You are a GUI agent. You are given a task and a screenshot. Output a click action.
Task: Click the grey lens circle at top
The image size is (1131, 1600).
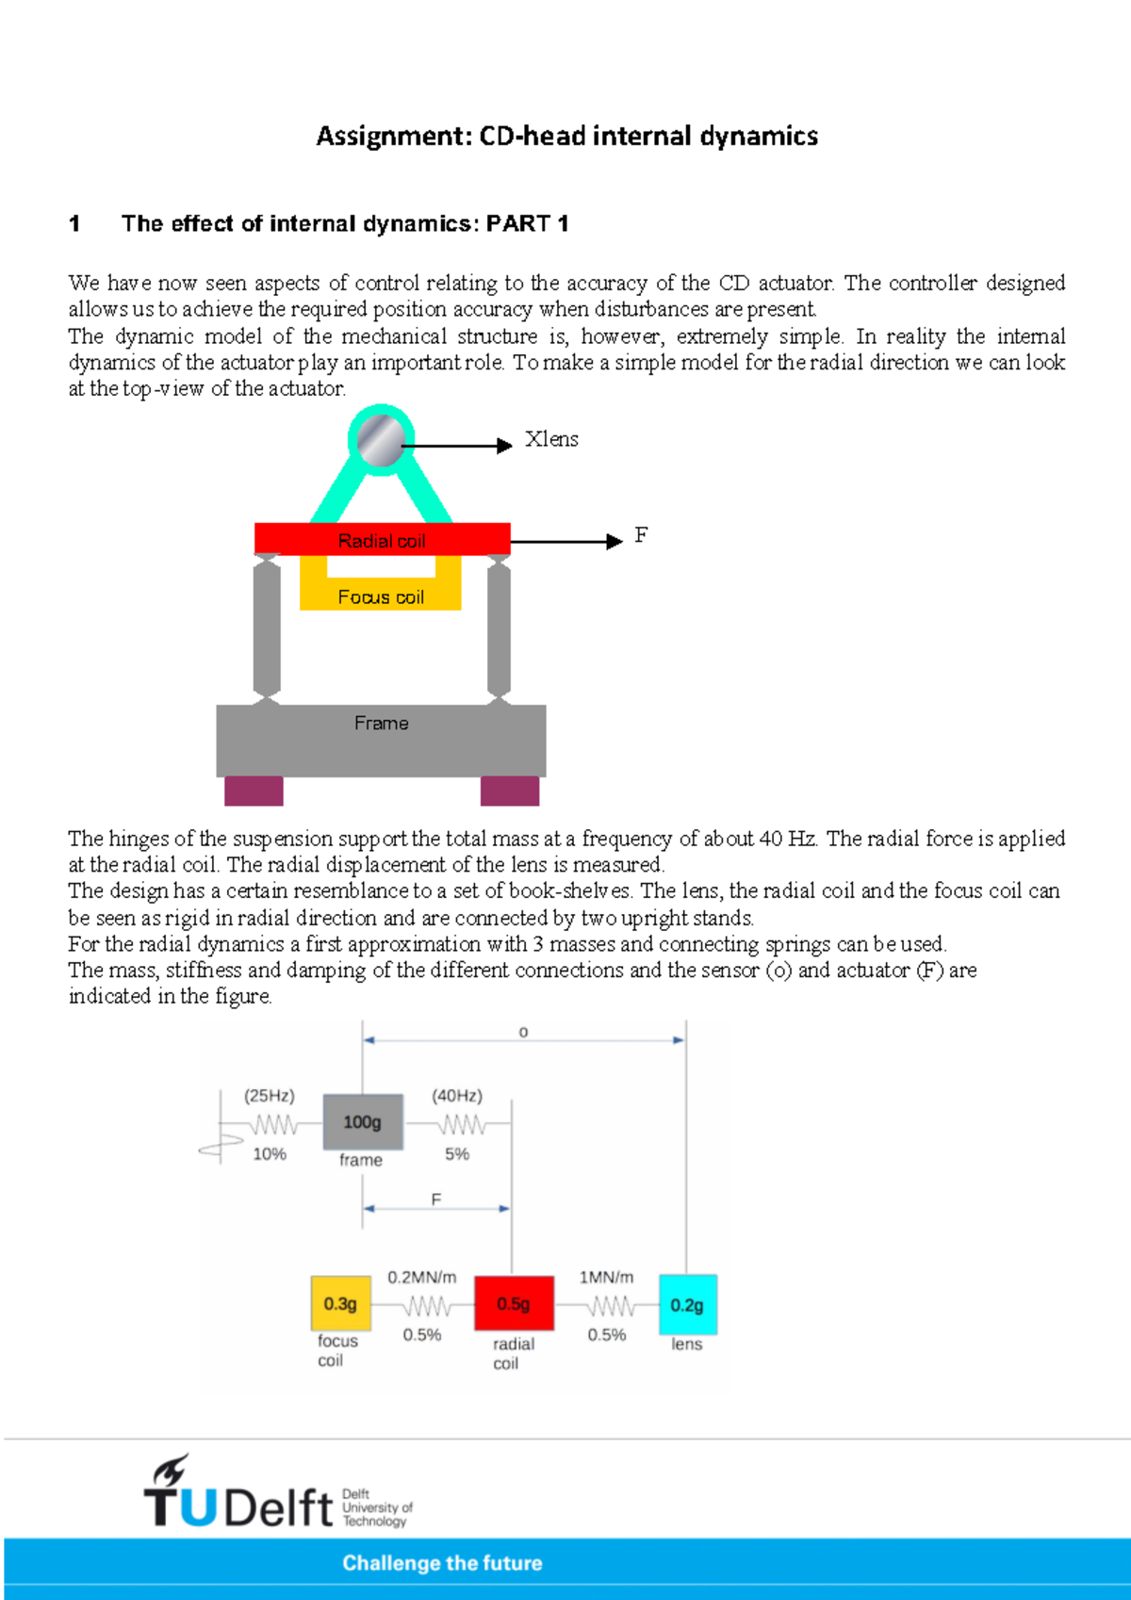click(381, 440)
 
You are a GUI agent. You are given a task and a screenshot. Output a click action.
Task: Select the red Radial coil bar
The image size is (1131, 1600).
click(382, 539)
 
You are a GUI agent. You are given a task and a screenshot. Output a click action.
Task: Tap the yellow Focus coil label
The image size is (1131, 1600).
click(381, 596)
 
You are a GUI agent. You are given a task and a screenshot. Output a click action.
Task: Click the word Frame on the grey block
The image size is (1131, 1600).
click(381, 723)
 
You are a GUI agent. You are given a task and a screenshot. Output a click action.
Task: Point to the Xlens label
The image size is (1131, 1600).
click(551, 439)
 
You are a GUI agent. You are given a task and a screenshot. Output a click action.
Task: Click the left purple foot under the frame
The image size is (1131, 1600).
click(254, 791)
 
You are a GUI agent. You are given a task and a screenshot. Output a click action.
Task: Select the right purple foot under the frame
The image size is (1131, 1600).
click(510, 791)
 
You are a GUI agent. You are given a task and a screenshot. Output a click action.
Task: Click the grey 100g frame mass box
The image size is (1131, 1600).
click(363, 1121)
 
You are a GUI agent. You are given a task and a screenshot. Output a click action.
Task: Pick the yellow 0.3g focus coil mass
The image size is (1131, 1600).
click(340, 1303)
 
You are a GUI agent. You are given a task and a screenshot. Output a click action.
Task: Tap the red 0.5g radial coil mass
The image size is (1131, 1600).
click(514, 1303)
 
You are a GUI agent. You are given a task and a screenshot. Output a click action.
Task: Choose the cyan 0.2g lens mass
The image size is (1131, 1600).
click(687, 1305)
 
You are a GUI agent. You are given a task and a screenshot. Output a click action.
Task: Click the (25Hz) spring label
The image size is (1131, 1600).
click(270, 1096)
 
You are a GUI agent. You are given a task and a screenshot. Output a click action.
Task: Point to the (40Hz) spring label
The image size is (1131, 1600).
click(457, 1096)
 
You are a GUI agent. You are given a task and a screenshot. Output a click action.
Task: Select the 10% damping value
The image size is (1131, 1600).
click(270, 1153)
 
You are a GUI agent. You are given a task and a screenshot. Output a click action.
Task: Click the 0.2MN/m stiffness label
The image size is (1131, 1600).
click(422, 1278)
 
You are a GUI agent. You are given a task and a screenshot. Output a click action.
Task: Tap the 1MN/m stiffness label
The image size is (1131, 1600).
click(606, 1278)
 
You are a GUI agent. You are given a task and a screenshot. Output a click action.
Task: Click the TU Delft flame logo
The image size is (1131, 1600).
click(171, 1470)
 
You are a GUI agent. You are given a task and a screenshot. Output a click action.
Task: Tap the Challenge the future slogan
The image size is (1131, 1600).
click(442, 1563)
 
